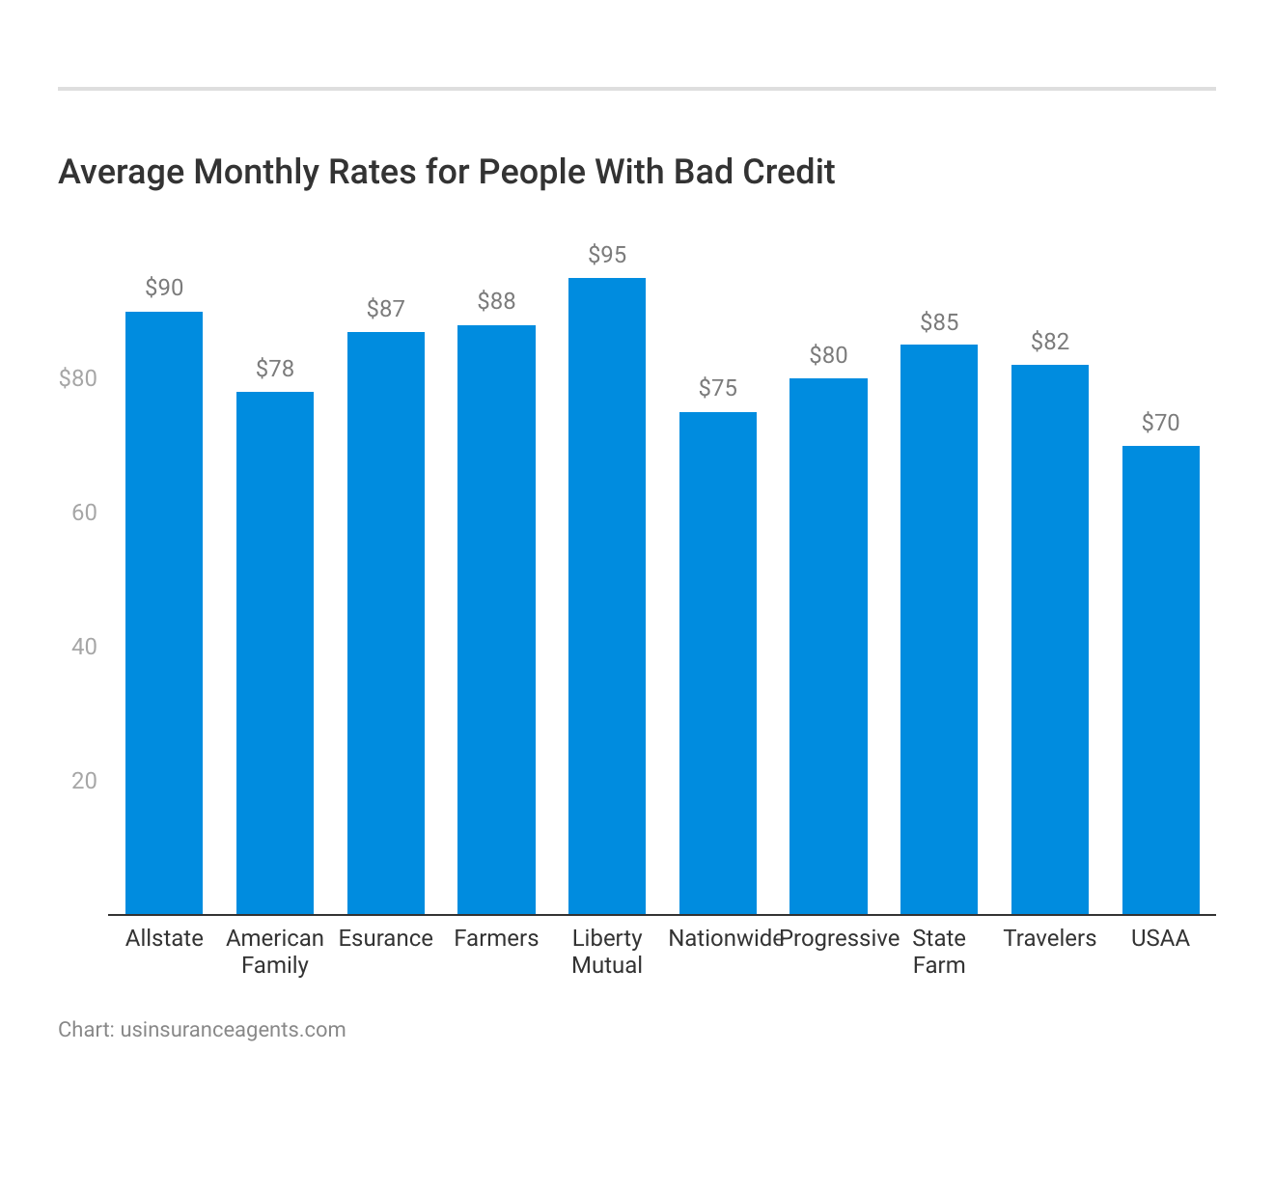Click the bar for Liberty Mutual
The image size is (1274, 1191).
(x=607, y=595)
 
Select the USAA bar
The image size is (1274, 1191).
(x=1160, y=679)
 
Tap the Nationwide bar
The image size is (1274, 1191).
(x=718, y=663)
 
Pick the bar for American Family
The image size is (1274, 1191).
(x=275, y=652)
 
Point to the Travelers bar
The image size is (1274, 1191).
(x=1050, y=639)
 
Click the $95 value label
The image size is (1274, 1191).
(x=607, y=255)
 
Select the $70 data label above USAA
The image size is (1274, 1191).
(x=1160, y=423)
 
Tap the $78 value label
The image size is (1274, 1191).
(x=275, y=369)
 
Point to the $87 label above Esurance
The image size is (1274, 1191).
(x=386, y=309)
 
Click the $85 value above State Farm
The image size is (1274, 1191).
(x=939, y=322)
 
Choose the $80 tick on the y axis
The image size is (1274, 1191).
(x=78, y=378)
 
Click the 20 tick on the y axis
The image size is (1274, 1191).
(x=85, y=781)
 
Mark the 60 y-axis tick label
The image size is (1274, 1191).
(x=85, y=512)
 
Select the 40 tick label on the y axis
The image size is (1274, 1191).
(x=85, y=647)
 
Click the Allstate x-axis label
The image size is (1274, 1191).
(x=164, y=938)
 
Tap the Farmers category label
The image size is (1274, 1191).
(x=496, y=938)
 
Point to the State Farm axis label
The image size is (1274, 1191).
(x=939, y=952)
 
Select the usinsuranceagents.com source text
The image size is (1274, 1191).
(x=233, y=1030)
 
